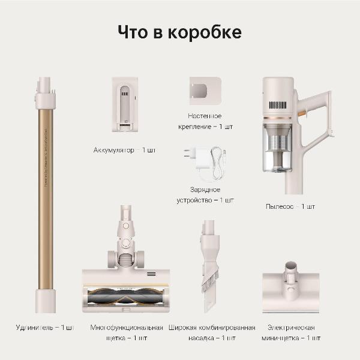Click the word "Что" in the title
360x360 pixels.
click(132, 32)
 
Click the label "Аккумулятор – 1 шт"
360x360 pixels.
click(124, 149)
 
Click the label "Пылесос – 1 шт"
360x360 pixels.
click(290, 206)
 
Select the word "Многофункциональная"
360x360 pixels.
click(127, 328)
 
